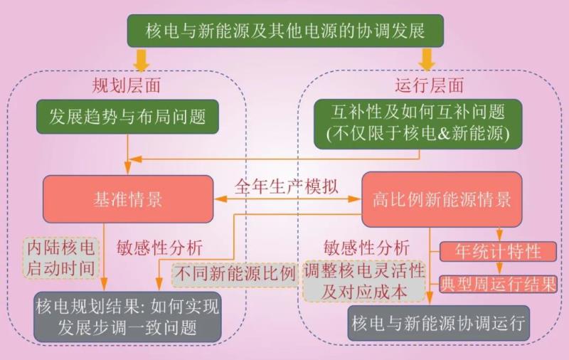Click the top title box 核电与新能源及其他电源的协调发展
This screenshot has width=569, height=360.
point(285,31)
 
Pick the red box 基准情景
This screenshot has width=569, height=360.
point(128,198)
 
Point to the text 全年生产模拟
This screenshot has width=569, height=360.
point(287,187)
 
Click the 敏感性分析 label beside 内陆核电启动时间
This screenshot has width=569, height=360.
point(159,248)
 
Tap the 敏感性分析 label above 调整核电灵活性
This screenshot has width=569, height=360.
point(366,248)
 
